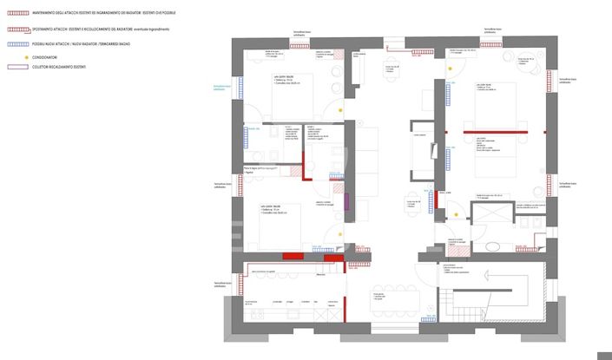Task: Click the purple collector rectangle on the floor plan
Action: (346, 202)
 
